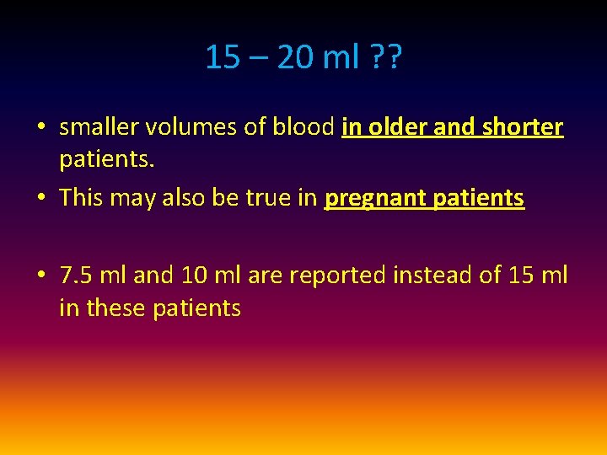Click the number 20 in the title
(x=295, y=57)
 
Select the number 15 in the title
(x=223, y=57)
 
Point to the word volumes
(x=182, y=127)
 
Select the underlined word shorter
(x=524, y=127)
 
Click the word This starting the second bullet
(x=81, y=199)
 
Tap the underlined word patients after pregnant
(x=478, y=199)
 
